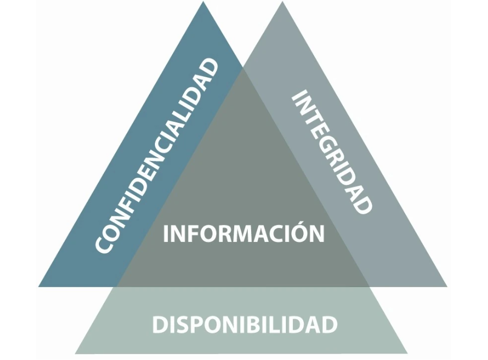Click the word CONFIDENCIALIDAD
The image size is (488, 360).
(x=158, y=156)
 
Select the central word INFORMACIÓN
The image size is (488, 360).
(x=243, y=233)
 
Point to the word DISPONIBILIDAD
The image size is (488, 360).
(x=245, y=325)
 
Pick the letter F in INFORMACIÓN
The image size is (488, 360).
(x=192, y=234)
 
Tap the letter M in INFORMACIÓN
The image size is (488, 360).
(x=242, y=234)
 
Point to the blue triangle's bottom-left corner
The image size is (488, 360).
(x=39, y=287)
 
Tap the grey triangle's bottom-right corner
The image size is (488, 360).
(x=447, y=287)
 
